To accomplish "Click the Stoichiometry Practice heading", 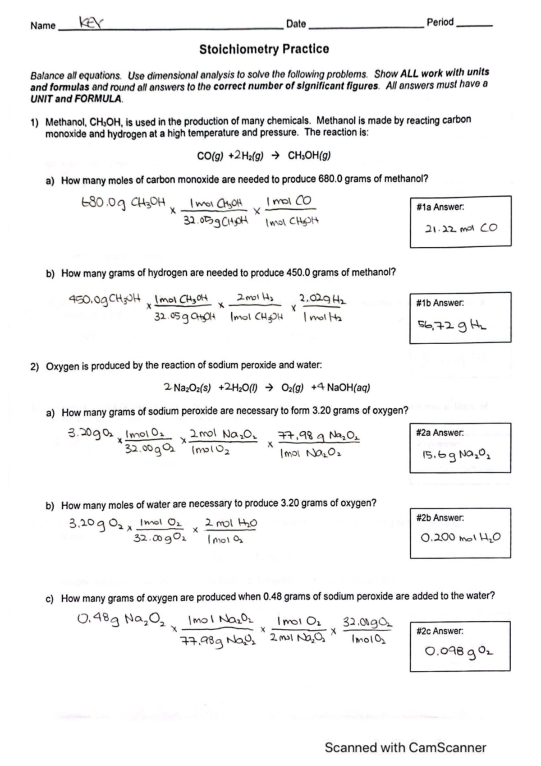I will (x=264, y=49).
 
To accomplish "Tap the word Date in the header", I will (x=296, y=24).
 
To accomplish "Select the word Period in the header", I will (x=440, y=23).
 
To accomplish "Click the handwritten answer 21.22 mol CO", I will (x=461, y=228).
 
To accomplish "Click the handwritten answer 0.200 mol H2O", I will (x=460, y=538).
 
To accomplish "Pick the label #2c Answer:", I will (x=440, y=631).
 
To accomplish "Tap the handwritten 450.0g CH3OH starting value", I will (x=105, y=298).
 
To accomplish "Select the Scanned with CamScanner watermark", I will (x=405, y=748).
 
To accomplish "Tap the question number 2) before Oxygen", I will (x=35, y=366).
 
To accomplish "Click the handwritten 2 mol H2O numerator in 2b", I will (x=231, y=523).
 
